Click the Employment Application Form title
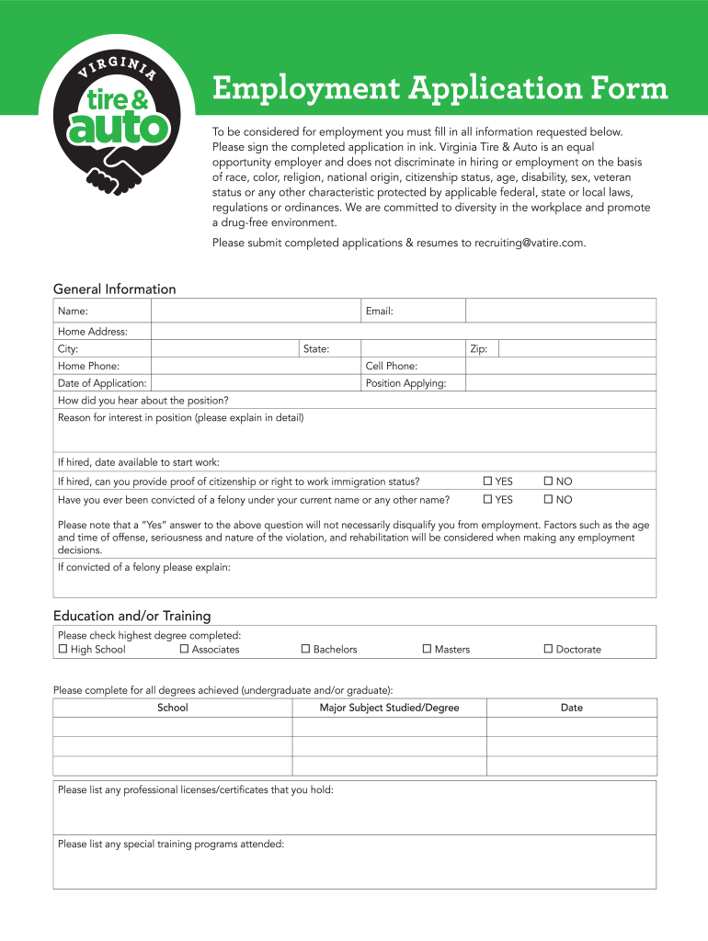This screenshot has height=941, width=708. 440,89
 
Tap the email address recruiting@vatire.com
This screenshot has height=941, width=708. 529,243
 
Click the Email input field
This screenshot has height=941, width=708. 560,311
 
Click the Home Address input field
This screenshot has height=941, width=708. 403,331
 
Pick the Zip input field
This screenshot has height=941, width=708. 577,349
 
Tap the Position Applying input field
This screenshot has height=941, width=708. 560,383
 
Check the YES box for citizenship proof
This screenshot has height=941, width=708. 489,482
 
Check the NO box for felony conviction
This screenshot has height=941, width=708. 548,500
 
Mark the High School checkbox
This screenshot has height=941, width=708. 63,650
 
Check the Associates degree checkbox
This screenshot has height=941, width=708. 184,650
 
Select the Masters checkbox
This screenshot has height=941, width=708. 427,650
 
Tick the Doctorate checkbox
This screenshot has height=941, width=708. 548,650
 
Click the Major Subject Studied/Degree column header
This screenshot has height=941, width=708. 389,708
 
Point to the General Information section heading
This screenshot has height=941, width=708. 114,289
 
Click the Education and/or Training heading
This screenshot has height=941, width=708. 131,616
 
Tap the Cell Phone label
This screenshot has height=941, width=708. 391,366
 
